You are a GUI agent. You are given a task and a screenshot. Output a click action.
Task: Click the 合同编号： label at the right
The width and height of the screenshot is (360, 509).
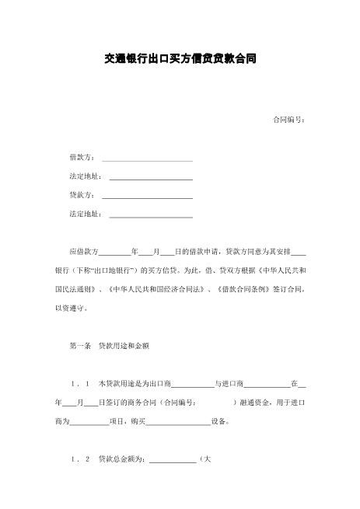289,120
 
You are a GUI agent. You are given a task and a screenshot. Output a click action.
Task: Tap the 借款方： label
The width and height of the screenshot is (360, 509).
83,158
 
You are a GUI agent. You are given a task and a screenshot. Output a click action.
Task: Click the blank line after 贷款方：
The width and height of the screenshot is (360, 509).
147,196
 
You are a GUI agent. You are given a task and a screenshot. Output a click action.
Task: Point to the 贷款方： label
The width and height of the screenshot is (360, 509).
83,195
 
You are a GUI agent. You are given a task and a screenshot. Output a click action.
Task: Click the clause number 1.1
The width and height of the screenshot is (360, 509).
82,384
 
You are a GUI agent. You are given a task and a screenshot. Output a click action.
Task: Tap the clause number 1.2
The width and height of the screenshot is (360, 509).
82,459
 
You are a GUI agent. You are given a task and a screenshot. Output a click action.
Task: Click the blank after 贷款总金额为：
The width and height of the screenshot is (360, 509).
173,460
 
